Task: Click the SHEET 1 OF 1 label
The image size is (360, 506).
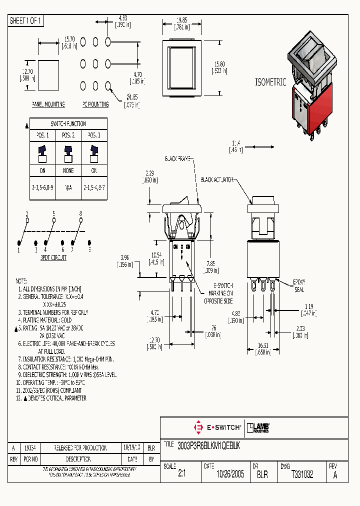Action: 25,21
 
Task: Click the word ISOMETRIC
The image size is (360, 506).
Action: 270,82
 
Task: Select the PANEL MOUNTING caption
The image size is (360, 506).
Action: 48,104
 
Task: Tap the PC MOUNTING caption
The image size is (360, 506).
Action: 95,104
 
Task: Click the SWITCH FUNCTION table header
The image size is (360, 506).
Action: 68,123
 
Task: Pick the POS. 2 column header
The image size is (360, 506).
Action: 68,135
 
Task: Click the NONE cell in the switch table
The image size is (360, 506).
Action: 68,170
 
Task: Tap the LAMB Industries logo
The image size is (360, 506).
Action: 258,427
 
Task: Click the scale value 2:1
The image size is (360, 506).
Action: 181,475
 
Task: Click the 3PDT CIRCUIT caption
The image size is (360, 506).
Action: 53,257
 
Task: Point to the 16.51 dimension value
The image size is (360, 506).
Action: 263,344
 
